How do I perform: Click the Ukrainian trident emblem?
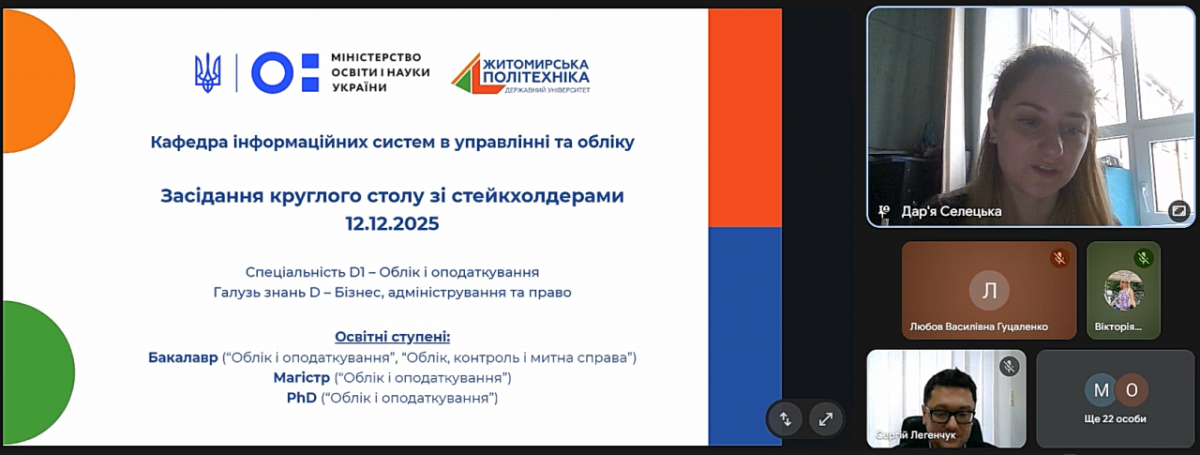click(x=207, y=73)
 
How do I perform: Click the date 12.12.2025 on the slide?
click(x=392, y=223)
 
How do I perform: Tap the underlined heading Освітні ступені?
click(x=393, y=337)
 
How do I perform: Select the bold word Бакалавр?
click(x=183, y=357)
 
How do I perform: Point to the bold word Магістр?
click(x=302, y=378)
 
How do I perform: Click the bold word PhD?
click(x=302, y=398)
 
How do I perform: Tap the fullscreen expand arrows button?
click(x=826, y=419)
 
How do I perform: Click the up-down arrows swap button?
click(x=786, y=419)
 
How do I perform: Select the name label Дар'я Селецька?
click(x=952, y=212)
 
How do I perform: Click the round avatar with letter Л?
click(x=989, y=291)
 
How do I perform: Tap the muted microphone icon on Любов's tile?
click(x=1059, y=259)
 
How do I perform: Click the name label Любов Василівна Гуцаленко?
click(x=979, y=326)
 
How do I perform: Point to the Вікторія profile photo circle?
click(x=1123, y=291)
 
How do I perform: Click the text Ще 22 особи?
click(x=1116, y=419)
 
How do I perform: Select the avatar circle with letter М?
click(x=1101, y=390)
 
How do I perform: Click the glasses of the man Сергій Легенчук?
click(x=949, y=415)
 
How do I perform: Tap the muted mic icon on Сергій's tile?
click(x=1009, y=367)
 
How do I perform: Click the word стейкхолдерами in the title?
click(x=538, y=196)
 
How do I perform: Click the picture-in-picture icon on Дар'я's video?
click(x=1179, y=211)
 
